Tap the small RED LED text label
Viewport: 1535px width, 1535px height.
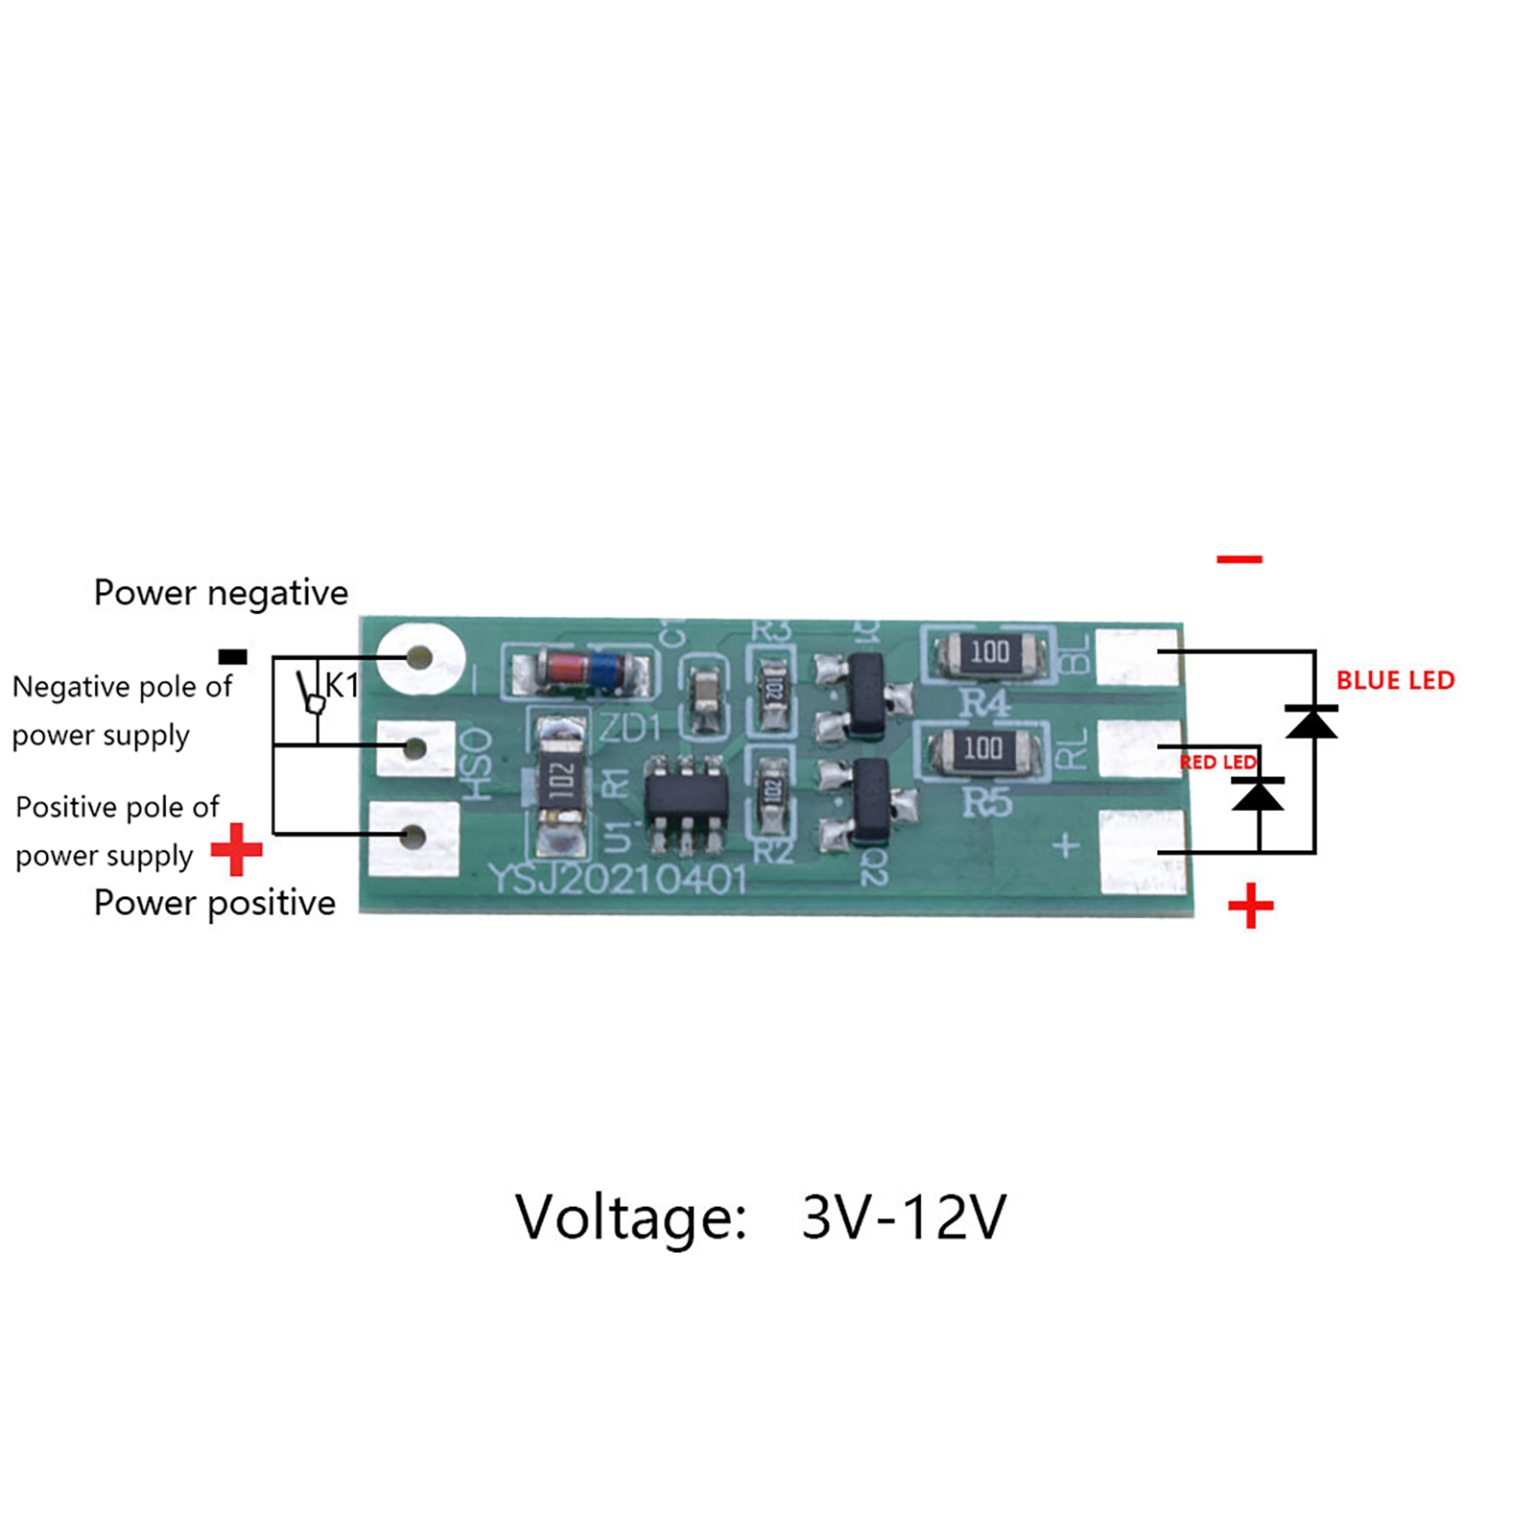click(1217, 762)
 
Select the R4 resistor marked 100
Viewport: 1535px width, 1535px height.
click(989, 652)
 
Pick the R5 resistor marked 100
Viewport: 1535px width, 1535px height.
click(982, 748)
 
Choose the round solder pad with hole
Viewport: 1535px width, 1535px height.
click(419, 658)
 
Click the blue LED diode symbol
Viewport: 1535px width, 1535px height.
click(1311, 720)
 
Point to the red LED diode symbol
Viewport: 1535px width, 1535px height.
click(1257, 793)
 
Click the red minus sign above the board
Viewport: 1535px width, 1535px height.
click(1239, 559)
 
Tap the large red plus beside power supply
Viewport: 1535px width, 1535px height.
click(236, 849)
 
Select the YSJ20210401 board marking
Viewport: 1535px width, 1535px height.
click(618, 879)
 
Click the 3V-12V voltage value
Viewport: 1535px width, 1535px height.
click(903, 1217)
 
